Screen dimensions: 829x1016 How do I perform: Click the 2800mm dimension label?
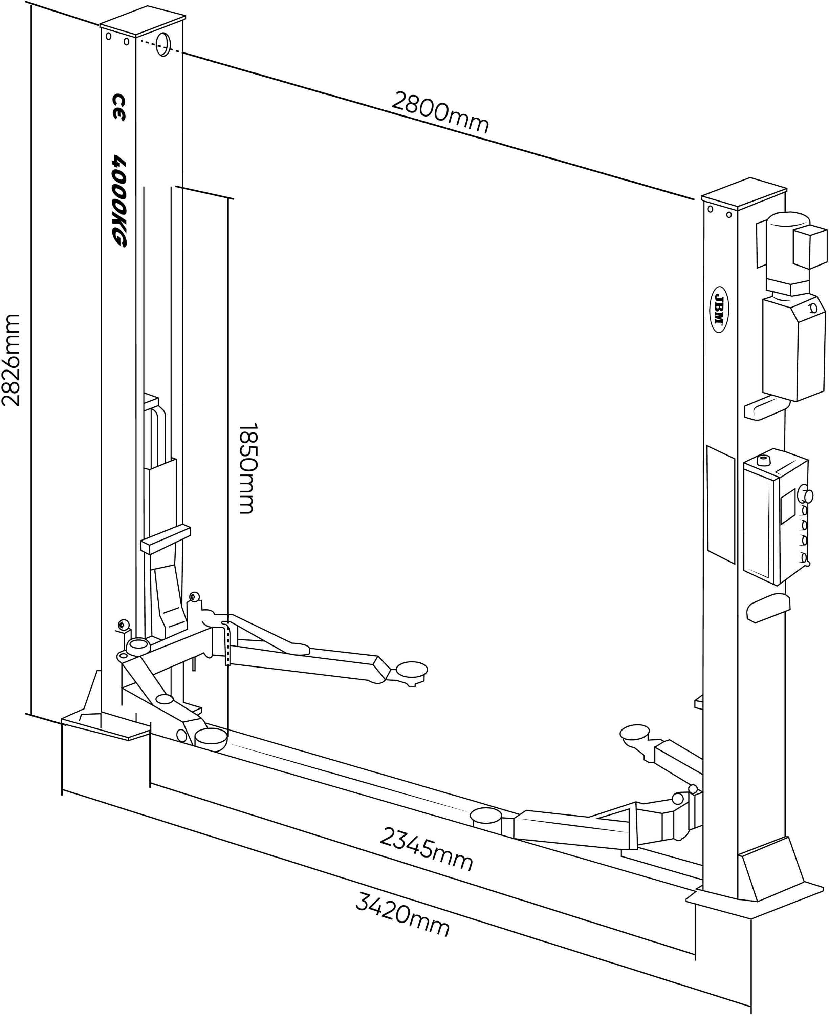(440, 112)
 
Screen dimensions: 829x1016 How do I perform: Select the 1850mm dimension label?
(248, 468)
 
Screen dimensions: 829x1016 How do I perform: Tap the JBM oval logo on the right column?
(719, 310)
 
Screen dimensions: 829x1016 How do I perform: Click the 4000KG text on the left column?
(119, 200)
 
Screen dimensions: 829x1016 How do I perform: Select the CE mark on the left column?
(118, 107)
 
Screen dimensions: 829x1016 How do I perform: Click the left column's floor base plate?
(106, 726)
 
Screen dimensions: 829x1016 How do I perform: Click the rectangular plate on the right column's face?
(721, 504)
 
